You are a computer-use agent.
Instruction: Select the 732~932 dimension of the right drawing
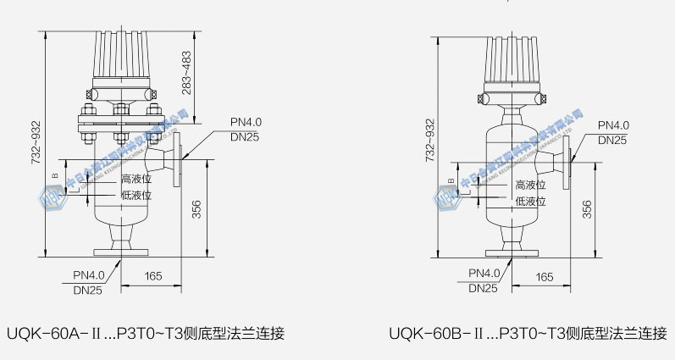(429, 142)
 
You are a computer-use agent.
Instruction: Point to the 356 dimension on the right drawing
(587, 209)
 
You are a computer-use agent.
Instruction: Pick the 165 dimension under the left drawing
(153, 276)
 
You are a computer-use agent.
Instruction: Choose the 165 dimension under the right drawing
(545, 277)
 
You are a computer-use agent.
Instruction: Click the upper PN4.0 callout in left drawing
(245, 123)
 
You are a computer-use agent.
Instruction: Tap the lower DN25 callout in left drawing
(88, 290)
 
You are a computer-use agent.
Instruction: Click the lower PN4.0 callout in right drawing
(484, 273)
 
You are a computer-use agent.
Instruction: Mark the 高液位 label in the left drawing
(136, 179)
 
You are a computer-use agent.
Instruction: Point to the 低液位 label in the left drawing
(136, 195)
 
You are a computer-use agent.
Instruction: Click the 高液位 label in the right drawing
(530, 185)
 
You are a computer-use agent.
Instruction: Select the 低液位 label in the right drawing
(530, 202)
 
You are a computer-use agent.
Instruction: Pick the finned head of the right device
(513, 60)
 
